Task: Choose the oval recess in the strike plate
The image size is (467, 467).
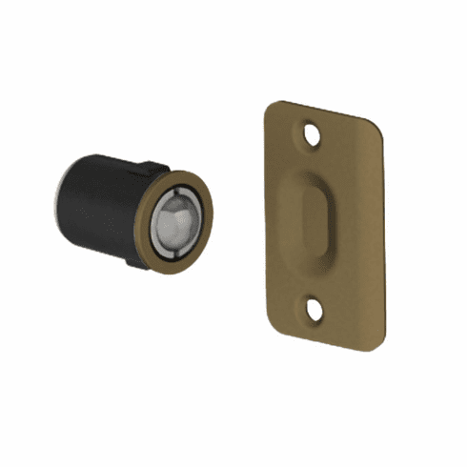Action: tap(315, 219)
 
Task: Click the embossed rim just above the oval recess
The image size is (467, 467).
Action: tap(315, 172)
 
